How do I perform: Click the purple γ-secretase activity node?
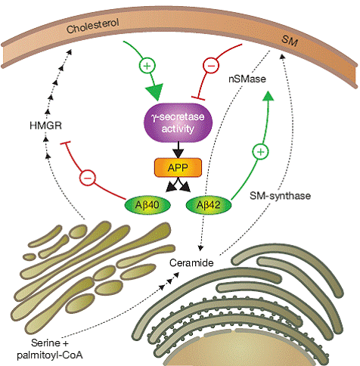(x=178, y=123)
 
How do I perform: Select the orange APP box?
(x=178, y=168)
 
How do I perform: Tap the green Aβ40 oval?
(x=147, y=205)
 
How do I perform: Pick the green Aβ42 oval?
(x=209, y=205)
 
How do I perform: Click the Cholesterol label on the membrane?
(x=92, y=26)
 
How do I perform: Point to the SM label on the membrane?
(x=290, y=41)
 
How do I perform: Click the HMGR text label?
(x=45, y=126)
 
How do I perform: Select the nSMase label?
(x=247, y=79)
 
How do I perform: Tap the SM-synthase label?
(x=280, y=196)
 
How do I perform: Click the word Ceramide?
(x=191, y=263)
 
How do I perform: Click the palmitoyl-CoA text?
(x=50, y=355)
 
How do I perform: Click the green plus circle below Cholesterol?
(x=147, y=66)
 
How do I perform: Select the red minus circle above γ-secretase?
(x=211, y=66)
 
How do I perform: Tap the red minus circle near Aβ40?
(x=88, y=178)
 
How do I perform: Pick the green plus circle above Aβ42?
(x=260, y=152)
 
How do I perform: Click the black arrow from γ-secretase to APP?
(x=178, y=150)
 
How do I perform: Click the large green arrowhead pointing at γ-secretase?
(x=154, y=92)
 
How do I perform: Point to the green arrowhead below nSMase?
(x=268, y=96)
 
